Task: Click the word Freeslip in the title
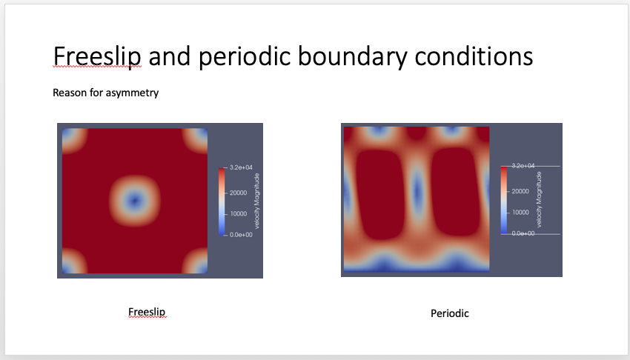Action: tap(97, 56)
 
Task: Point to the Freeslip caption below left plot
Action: tap(147, 313)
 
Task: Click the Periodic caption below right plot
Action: tap(450, 313)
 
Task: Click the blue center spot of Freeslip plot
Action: tap(134, 200)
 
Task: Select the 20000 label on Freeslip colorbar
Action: tap(237, 192)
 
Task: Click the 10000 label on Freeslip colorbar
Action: tap(237, 213)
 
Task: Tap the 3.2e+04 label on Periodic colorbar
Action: tap(523, 166)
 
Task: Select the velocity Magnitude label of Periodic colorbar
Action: tap(540, 199)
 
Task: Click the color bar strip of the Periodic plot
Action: tap(505, 199)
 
